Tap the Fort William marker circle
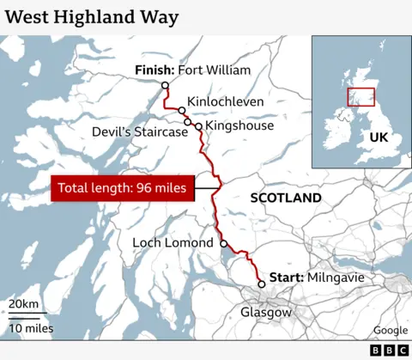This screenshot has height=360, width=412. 165,84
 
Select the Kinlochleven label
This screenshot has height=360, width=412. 225,100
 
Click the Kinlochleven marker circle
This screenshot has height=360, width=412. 182,111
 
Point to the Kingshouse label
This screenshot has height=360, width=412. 239,125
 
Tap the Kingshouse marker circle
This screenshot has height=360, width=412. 198,126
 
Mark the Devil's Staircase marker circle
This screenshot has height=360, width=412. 187,122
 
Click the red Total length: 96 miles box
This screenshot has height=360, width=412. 122,189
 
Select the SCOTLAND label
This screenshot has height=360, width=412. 285,198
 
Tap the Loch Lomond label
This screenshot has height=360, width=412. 173,243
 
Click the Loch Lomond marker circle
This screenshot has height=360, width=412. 224,244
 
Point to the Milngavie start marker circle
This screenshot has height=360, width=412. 261,284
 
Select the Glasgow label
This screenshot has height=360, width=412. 266,312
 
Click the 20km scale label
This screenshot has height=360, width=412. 23,305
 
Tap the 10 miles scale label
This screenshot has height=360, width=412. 31,328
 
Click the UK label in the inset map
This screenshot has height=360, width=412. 378,137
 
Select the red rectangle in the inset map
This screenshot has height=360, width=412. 360,97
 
